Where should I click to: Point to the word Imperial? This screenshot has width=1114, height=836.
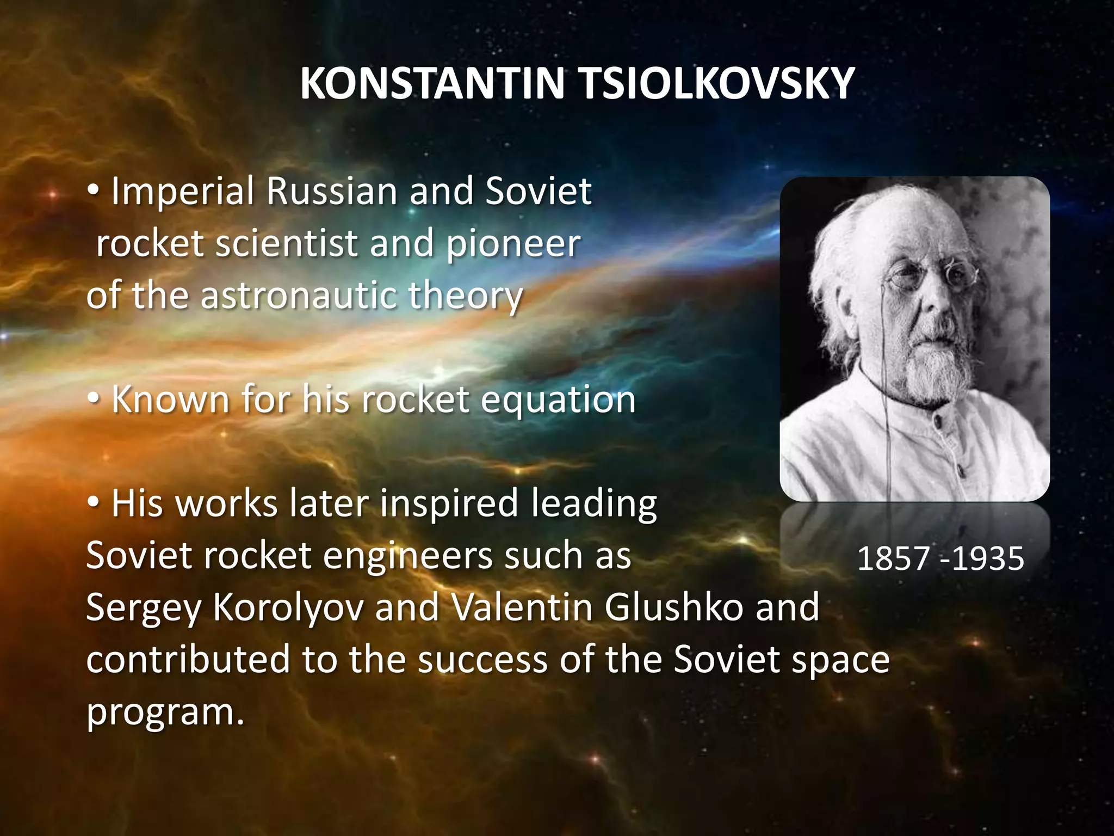click(x=182, y=192)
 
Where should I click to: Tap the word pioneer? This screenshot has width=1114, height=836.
click(x=513, y=244)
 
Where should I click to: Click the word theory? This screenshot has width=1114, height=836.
click(x=466, y=297)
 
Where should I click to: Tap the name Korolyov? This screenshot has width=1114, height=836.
click(x=288, y=608)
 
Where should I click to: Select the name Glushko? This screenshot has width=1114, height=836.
click(x=673, y=607)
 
